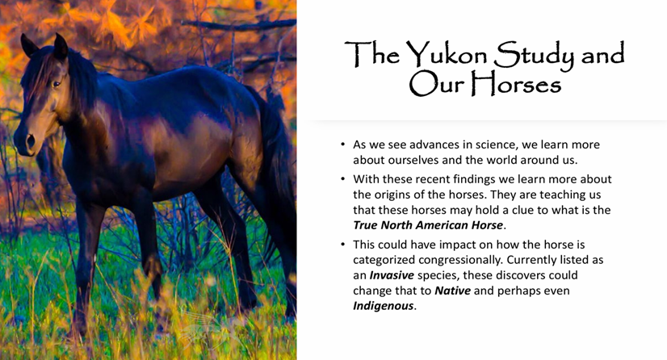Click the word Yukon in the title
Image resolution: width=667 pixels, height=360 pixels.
[x=446, y=54]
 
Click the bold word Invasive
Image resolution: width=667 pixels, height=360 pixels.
[x=392, y=275]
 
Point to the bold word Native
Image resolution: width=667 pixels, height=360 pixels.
[x=452, y=291]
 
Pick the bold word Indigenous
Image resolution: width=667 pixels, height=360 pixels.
[x=384, y=306]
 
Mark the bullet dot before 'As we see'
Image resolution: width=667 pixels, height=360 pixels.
[x=343, y=144]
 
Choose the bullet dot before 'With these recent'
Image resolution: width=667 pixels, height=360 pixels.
[x=343, y=179]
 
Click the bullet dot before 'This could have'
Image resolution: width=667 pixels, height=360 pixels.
[x=343, y=245]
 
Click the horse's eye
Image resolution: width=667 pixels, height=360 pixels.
[x=57, y=84]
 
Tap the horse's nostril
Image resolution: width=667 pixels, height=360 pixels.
[x=30, y=141]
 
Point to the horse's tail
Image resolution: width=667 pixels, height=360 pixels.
[x=277, y=170]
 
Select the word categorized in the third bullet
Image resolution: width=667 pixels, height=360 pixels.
[x=384, y=260]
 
